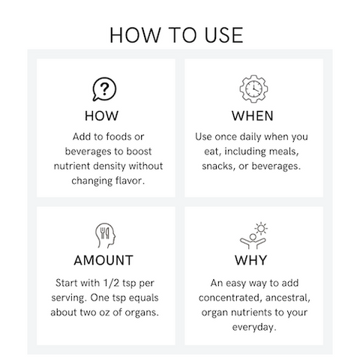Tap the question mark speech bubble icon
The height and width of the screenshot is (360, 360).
(104, 89)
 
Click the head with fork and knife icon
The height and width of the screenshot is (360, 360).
(104, 235)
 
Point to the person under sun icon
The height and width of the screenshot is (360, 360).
(253, 235)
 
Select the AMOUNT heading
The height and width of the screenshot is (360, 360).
(104, 261)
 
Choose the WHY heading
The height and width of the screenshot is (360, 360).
(253, 261)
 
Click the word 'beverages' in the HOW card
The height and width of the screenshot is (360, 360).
(81, 151)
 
